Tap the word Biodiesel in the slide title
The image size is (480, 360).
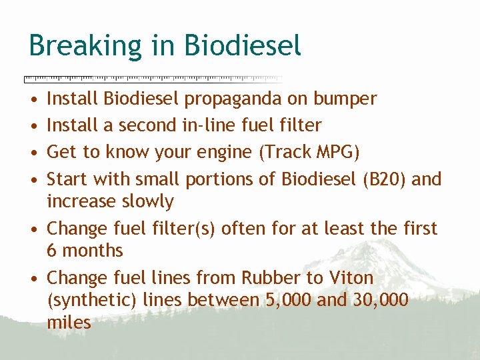pyautogui.click(x=243, y=46)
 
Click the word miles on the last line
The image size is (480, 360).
pyautogui.click(x=69, y=323)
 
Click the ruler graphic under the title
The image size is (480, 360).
pyautogui.click(x=153, y=79)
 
